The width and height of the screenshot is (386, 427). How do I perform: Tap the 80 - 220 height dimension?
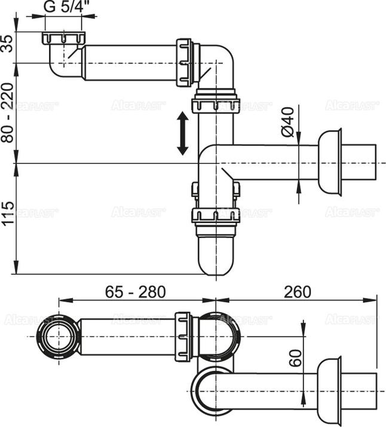[8, 112]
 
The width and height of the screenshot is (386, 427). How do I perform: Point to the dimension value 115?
[8, 214]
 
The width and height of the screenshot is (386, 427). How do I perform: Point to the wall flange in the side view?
[329, 161]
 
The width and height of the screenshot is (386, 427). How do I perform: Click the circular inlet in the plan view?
[58, 337]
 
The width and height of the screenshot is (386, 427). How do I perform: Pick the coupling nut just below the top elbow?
[215, 103]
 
